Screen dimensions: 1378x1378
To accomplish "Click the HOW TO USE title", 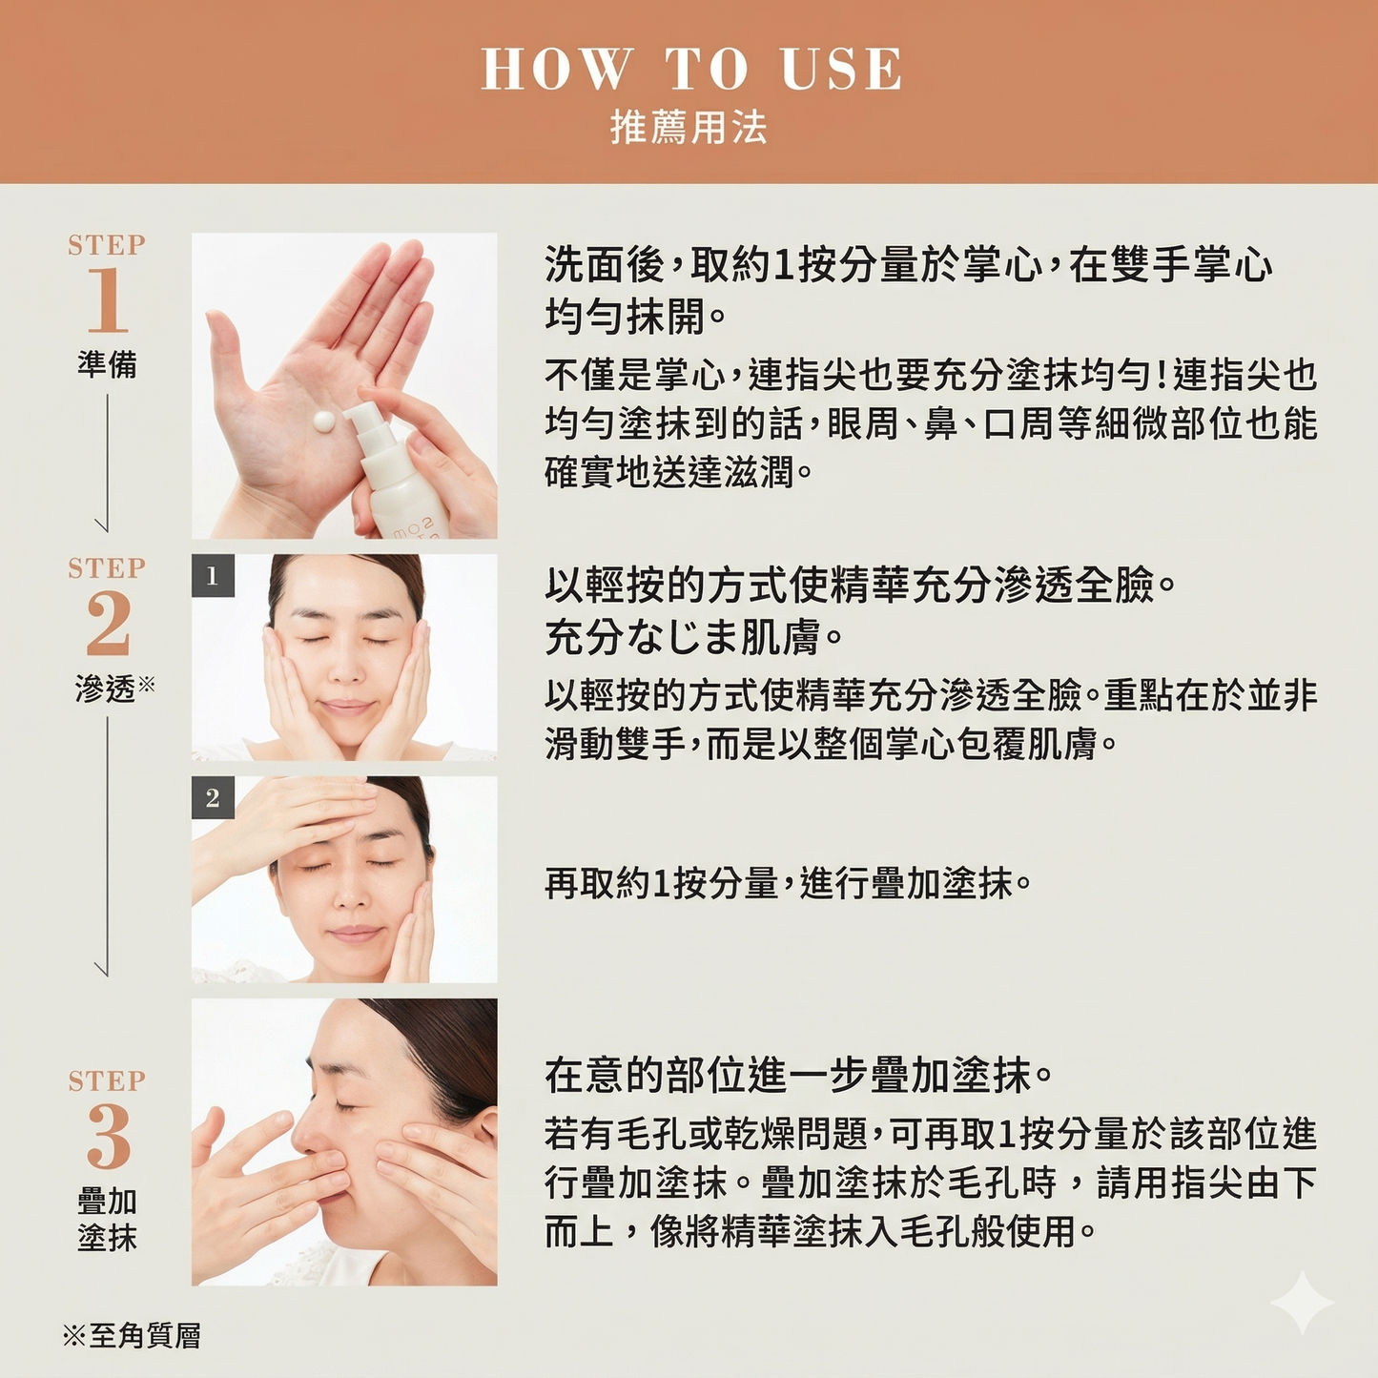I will [690, 70].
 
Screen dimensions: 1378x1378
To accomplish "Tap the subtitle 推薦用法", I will [689, 128].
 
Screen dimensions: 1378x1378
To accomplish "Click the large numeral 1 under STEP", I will [107, 300].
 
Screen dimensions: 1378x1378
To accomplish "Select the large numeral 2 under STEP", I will [108, 624].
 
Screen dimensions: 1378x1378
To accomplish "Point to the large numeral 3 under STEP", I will [108, 1137].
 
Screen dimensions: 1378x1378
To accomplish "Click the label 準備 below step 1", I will [107, 364].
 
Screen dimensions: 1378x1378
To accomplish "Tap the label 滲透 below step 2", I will [106, 689].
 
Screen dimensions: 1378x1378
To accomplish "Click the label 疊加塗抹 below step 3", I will [107, 1219].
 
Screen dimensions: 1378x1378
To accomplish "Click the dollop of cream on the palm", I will [323, 421].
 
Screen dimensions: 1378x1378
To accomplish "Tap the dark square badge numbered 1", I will [213, 576].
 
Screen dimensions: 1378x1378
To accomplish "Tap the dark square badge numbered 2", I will [213, 798].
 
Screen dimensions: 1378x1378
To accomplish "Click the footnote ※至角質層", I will [132, 1336].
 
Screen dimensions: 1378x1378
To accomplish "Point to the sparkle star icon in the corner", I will [1302, 1303].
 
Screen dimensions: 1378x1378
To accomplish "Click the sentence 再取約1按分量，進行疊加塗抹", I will [787, 884].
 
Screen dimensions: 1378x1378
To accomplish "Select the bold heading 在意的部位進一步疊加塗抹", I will [798, 1076].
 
